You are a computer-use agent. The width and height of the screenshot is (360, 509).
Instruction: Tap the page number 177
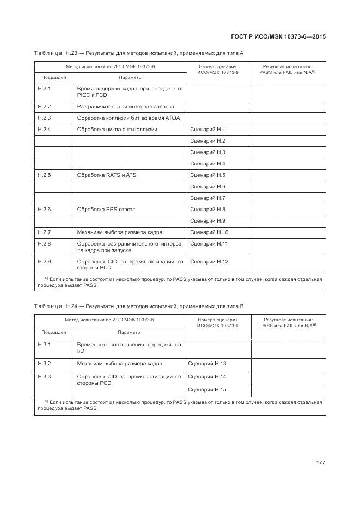tap(320, 462)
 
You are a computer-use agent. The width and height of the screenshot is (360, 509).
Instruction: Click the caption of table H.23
tap(139, 53)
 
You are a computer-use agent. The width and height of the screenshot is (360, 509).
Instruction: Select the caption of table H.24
tap(139, 306)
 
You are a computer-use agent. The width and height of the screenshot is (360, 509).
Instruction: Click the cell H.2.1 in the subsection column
tap(44, 88)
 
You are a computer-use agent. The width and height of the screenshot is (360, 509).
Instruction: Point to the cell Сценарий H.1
tap(208, 130)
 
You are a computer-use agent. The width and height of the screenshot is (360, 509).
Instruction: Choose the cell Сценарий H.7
tap(208, 198)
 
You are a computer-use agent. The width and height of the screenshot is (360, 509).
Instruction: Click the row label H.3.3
tap(44, 377)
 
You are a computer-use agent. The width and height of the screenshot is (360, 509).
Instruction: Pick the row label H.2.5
tap(44, 175)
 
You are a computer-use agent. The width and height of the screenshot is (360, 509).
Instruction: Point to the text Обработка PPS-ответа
tap(106, 210)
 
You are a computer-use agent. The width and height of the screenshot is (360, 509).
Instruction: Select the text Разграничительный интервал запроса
tap(126, 107)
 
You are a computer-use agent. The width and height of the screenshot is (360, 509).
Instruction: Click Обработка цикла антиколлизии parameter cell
tap(117, 130)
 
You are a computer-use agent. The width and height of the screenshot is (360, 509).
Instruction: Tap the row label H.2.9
tap(44, 262)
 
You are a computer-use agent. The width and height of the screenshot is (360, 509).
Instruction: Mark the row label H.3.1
tap(44, 345)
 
